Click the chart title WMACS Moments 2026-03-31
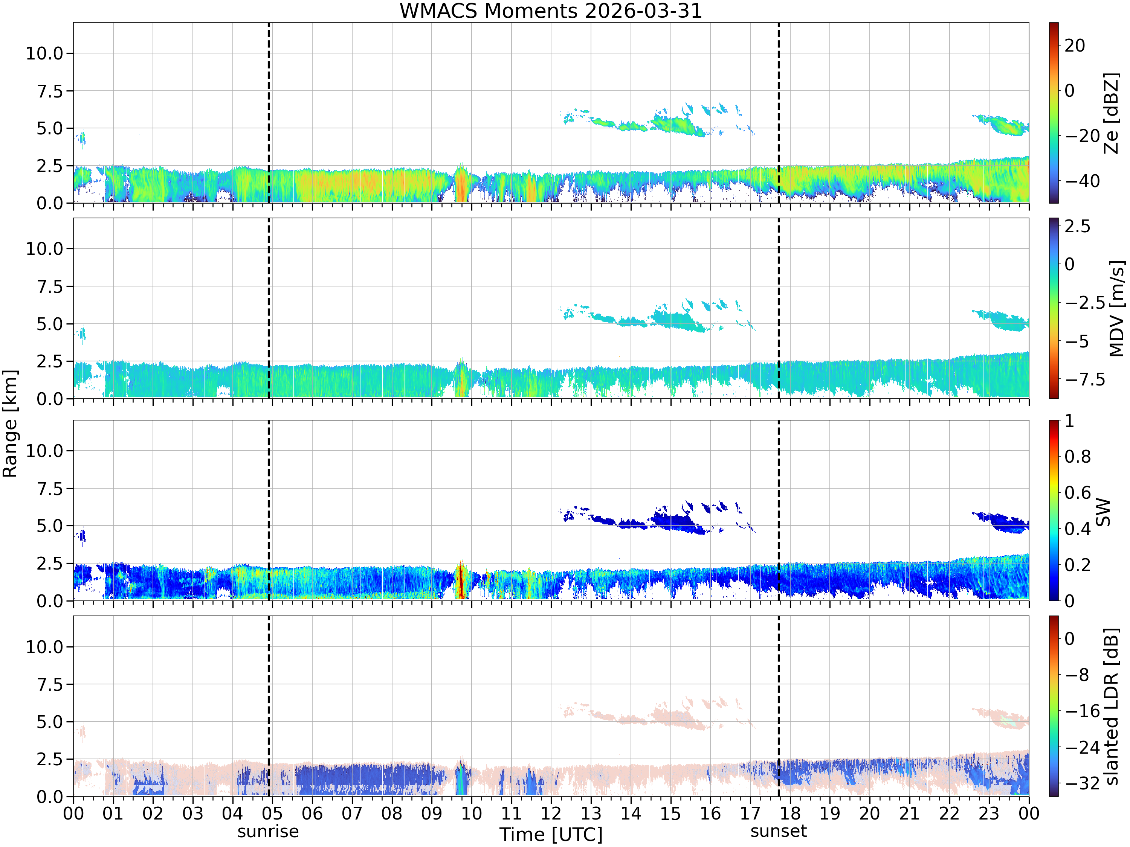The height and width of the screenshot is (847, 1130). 551,11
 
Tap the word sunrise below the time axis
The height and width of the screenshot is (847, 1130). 268,832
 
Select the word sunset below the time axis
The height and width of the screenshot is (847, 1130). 779,831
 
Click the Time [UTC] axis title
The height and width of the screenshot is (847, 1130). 551,835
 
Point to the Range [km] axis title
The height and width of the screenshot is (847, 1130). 10,424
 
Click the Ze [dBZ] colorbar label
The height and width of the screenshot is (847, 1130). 1111,113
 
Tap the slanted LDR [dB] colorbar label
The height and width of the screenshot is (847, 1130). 1111,706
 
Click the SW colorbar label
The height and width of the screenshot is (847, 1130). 1103,512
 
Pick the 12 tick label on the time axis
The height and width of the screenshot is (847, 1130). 551,813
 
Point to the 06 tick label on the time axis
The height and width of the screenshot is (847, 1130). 312,813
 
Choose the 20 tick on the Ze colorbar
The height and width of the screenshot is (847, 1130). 1075,46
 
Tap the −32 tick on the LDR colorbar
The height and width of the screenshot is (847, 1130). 1082,783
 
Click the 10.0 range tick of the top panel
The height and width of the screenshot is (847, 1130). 44,53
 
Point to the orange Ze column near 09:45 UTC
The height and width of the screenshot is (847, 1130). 461,186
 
